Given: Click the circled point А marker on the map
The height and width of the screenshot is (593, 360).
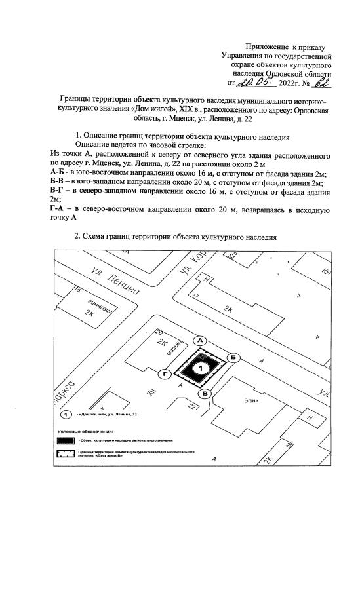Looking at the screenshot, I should point(201,340).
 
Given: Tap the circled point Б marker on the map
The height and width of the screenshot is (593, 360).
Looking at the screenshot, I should point(232,356).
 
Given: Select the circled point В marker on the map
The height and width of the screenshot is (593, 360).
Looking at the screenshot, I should point(205,393).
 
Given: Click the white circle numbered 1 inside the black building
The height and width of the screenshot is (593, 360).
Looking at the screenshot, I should point(203,369).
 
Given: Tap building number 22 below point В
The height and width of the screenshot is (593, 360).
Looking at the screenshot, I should point(192,408).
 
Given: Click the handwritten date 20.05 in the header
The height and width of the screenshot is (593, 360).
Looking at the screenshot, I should point(255,83).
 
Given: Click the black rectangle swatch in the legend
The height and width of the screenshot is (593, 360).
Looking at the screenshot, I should point(66,441).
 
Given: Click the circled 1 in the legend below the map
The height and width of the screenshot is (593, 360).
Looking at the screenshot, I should point(66,415).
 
